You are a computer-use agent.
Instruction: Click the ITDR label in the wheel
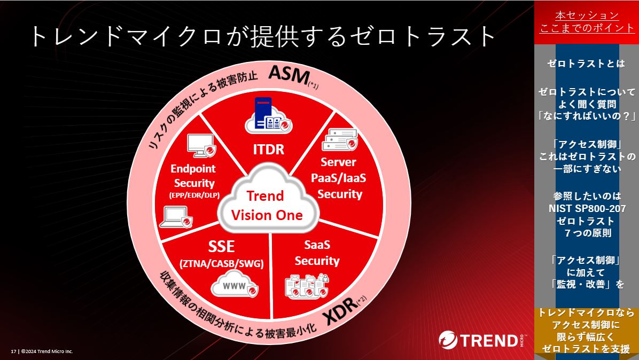coord(269,149)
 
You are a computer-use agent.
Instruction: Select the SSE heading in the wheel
coord(221,246)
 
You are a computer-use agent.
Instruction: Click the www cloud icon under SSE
coord(235,284)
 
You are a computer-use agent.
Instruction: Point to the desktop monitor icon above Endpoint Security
coord(201,145)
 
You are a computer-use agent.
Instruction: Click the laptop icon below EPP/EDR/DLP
coord(176,217)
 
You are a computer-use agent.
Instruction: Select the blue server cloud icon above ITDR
coord(269,116)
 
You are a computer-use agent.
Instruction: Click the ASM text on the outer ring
coord(290,75)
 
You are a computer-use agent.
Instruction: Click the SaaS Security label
coord(317,253)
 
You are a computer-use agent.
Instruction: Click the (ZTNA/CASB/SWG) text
coord(222,264)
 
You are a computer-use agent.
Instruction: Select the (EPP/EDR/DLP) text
coord(194,195)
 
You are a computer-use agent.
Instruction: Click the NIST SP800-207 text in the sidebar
coord(587,208)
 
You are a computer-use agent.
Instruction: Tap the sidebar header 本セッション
coord(587,15)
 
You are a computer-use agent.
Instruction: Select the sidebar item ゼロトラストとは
coord(586,64)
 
